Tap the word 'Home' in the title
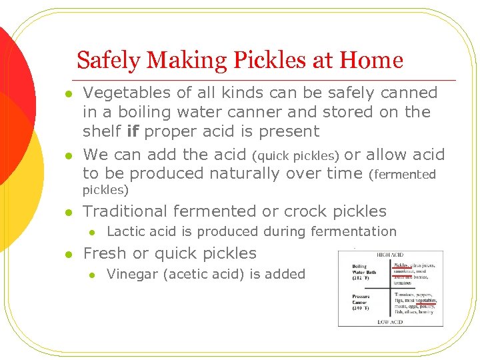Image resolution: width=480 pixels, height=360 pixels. (371, 61)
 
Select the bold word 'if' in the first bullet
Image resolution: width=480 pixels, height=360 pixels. (132, 131)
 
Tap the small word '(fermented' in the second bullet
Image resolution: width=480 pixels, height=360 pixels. (402, 175)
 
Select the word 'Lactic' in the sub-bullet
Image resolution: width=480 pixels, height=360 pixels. (126, 231)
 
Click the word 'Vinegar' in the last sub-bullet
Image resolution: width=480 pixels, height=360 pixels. (132, 274)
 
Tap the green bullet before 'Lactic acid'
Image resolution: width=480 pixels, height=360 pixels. (93, 232)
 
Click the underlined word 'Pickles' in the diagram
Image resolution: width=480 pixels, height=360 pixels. (401, 265)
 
